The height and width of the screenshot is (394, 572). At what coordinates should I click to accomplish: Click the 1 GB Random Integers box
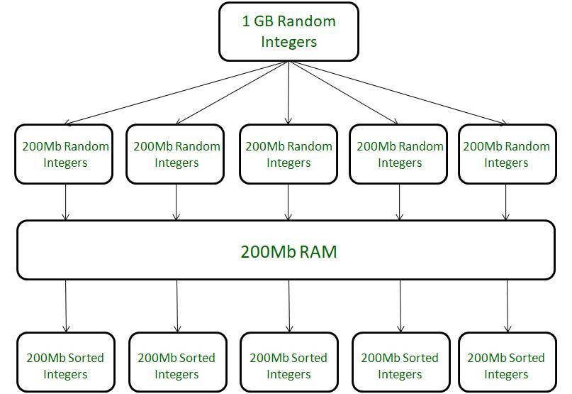point(288,32)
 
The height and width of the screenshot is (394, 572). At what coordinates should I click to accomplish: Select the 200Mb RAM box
point(286,250)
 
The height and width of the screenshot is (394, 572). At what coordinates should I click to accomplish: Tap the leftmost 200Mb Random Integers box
point(65,154)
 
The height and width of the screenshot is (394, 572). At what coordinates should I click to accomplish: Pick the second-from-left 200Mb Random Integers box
point(176,154)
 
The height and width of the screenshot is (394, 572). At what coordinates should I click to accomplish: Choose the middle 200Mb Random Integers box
point(288,154)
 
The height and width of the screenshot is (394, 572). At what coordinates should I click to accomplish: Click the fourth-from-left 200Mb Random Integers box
point(400,154)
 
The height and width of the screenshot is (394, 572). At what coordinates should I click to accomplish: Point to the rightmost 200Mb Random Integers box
point(506,154)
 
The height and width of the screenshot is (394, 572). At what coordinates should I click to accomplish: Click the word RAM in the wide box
point(317,251)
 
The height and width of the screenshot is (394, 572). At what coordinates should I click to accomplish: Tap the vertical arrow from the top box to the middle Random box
point(288,92)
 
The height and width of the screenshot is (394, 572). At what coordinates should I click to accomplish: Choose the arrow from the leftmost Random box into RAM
point(66,202)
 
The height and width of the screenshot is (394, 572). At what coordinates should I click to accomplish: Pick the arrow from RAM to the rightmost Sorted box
point(507,305)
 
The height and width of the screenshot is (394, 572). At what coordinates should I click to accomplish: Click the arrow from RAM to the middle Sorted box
point(289,305)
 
